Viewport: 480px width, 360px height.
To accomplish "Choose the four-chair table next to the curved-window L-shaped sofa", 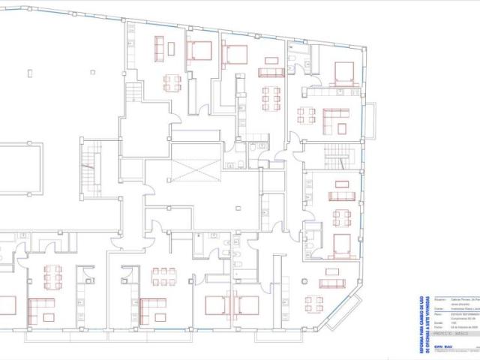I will click(306, 115).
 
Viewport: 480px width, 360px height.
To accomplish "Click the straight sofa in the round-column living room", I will click(331, 283).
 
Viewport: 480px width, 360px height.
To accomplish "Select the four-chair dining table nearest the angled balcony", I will click(313, 304).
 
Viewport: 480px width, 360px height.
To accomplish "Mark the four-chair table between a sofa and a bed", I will click(342, 217).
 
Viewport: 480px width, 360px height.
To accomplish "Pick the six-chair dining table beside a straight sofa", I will click(271, 97).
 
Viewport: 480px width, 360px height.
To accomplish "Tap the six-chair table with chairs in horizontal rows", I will click(163, 277).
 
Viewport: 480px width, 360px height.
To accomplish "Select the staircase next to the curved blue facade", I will click(335, 158).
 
